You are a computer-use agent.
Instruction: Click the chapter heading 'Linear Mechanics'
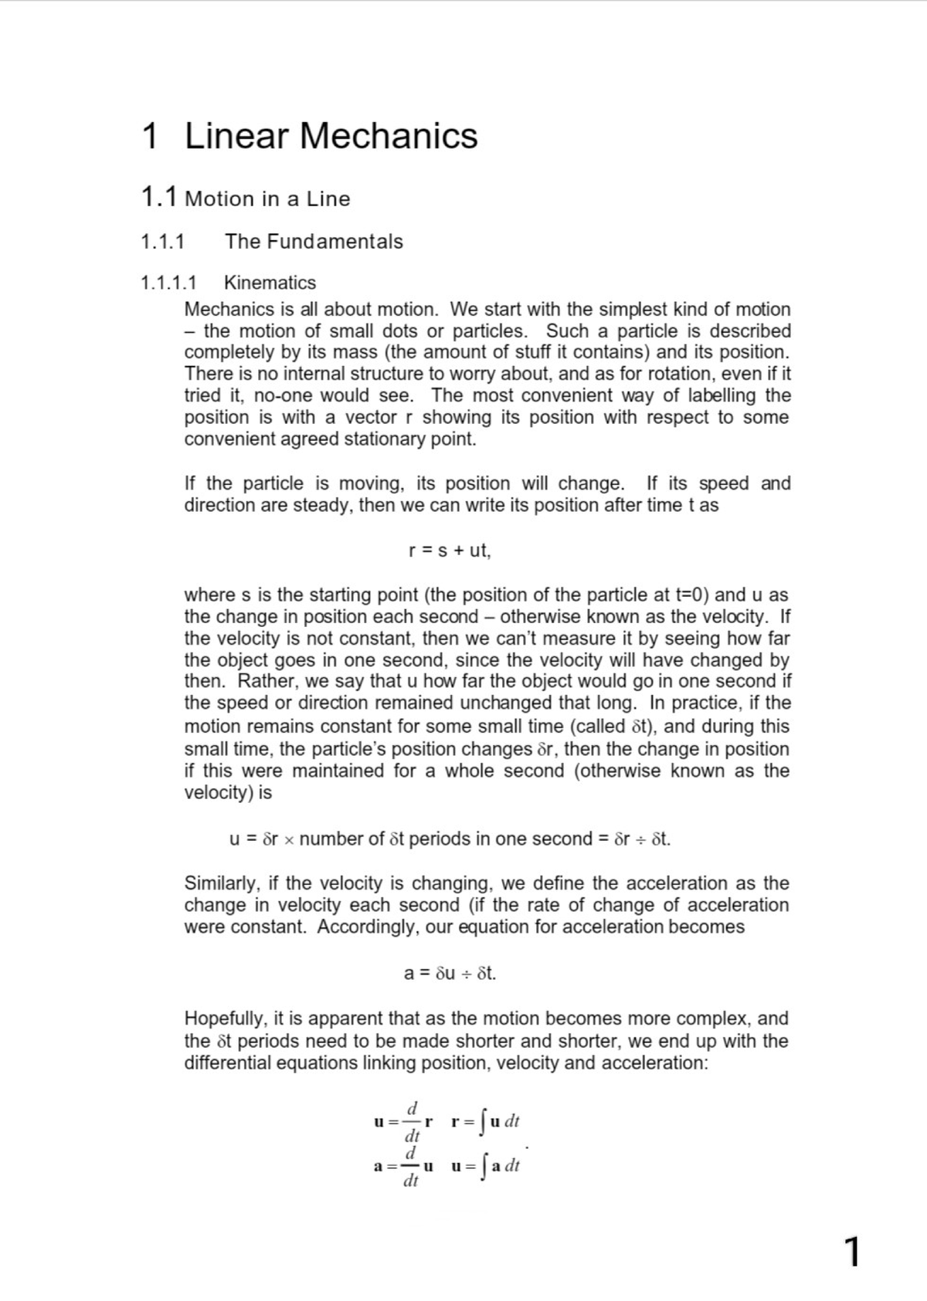pyautogui.click(x=331, y=136)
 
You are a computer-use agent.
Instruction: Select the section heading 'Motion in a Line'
pyautogui.click(x=267, y=199)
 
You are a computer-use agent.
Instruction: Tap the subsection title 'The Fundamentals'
pyautogui.click(x=314, y=242)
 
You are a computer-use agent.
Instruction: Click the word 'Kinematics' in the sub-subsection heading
pyautogui.click(x=270, y=283)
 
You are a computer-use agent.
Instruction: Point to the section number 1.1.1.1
pyautogui.click(x=168, y=283)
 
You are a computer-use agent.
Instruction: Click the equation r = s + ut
pyautogui.click(x=449, y=551)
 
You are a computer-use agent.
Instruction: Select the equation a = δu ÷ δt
pyautogui.click(x=450, y=974)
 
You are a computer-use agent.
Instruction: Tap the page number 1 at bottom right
pyautogui.click(x=851, y=1252)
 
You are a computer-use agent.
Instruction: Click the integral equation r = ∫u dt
pyautogui.click(x=485, y=1120)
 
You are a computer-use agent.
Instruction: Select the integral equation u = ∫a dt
pyautogui.click(x=485, y=1166)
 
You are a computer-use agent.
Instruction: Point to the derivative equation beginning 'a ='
pyautogui.click(x=402, y=1167)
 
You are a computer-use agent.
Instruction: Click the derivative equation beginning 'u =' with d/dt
pyautogui.click(x=402, y=1121)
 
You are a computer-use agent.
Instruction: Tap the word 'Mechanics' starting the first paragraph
pyautogui.click(x=229, y=310)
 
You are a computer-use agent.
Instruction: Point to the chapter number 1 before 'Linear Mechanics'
pyautogui.click(x=151, y=136)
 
